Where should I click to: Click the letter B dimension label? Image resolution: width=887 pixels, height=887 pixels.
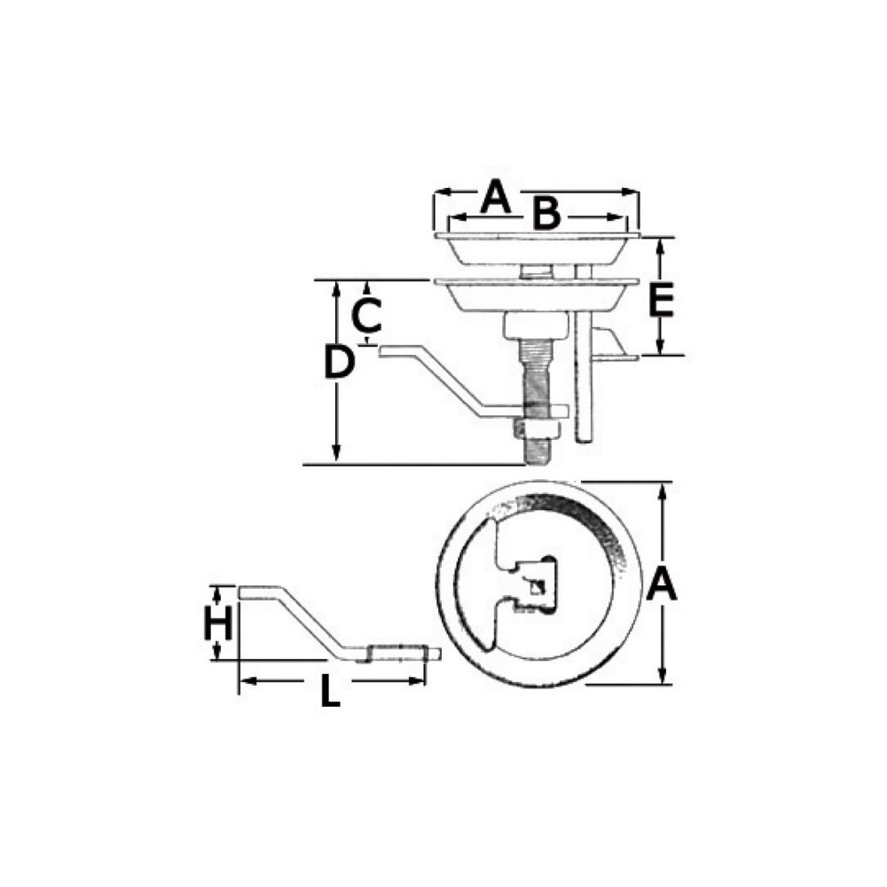pos(546,213)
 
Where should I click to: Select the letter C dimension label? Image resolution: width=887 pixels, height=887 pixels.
pos(366,315)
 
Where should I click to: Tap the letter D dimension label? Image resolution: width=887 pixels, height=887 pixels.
pos(340,362)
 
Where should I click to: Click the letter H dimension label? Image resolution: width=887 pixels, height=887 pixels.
pos(218,623)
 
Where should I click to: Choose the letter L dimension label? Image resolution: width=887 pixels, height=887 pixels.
pos(330,691)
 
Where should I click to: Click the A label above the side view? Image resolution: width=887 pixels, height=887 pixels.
pos(495,196)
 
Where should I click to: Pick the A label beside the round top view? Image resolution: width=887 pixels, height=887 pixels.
pos(662,584)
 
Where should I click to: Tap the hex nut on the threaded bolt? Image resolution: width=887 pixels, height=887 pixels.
pos(537,429)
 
